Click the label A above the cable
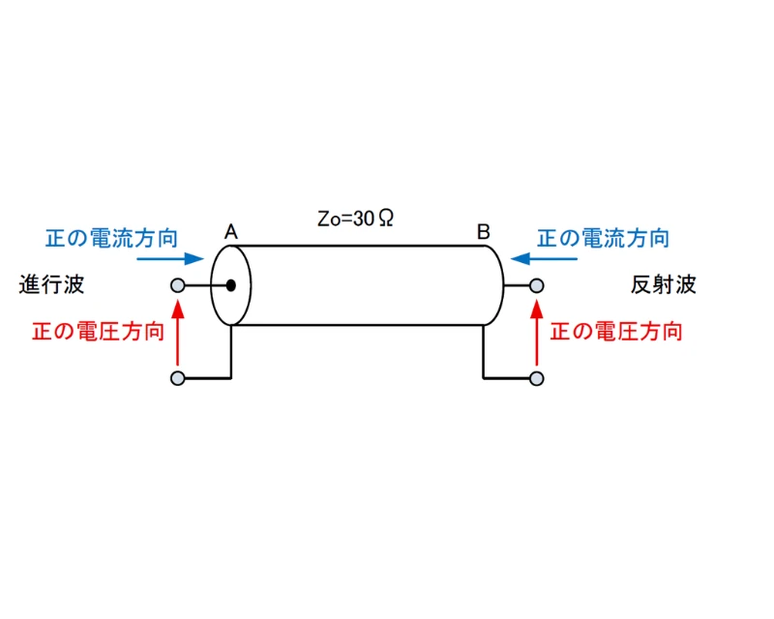point(231,232)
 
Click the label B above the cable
point(484,232)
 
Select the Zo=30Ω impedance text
point(355,219)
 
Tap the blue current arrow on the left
point(170,259)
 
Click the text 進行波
point(51,285)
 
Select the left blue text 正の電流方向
point(110,238)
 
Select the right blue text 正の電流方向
point(603,238)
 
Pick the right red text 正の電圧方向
point(616,332)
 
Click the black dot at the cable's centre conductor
point(232,285)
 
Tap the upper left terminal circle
point(177,285)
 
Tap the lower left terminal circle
point(177,377)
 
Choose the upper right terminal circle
point(537,285)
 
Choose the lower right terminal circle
point(537,377)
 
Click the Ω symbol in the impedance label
point(384,219)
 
